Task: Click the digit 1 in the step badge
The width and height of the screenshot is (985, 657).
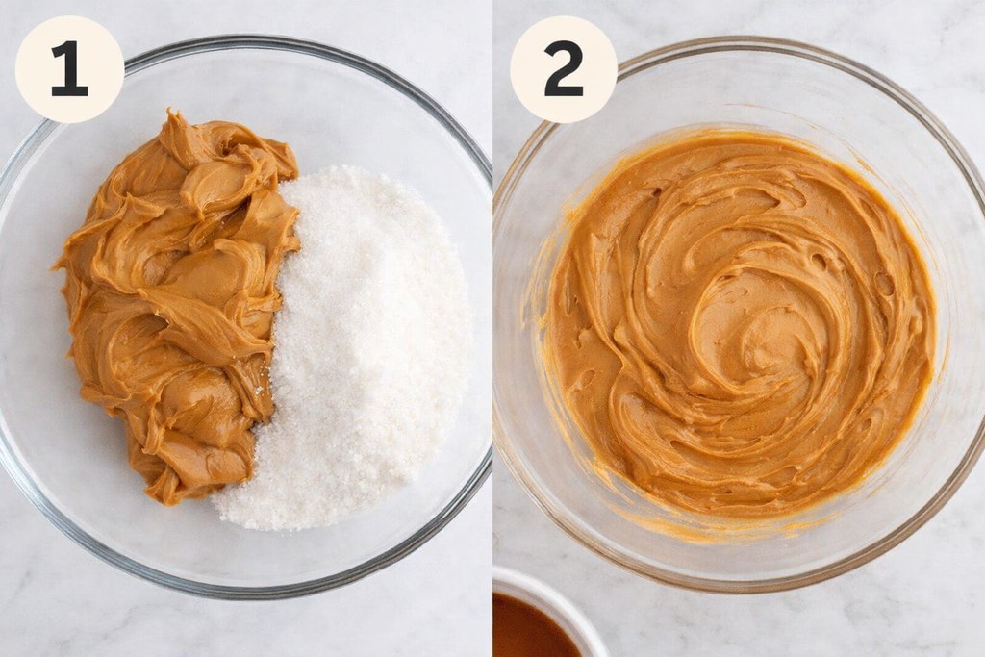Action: coord(69,69)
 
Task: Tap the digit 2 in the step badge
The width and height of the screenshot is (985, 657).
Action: coord(563,69)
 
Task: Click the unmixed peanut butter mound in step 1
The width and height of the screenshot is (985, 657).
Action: coord(183,289)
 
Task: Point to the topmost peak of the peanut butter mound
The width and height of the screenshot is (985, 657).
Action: coord(173,117)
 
